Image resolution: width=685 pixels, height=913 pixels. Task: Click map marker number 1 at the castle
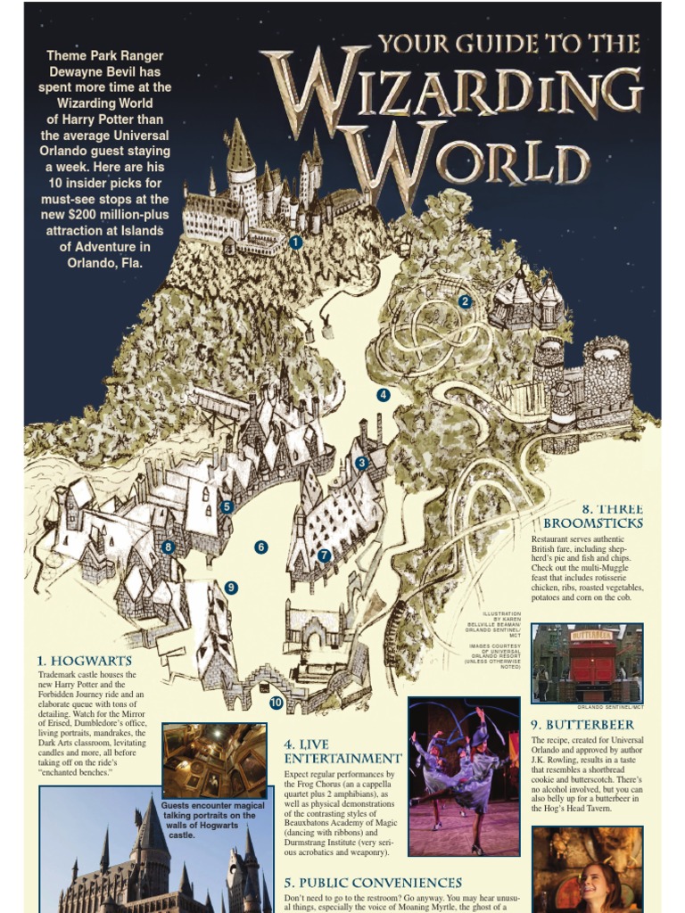pos(296,242)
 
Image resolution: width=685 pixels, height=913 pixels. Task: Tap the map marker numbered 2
pos(464,301)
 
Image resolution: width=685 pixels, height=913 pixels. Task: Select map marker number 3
pos(361,463)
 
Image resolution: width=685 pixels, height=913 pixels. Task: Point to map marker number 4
pos(384,395)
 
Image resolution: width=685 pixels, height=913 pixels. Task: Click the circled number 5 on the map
pos(227,506)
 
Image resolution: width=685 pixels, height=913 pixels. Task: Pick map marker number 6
pos(261,547)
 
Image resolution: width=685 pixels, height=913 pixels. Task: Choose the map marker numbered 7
pos(324,555)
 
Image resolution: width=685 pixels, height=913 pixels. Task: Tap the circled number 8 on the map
pos(168,547)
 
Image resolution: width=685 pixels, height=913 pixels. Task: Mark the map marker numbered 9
pos(231,588)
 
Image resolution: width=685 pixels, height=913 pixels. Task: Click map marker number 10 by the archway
pos(276,703)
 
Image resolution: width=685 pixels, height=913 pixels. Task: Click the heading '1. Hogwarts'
pos(85,661)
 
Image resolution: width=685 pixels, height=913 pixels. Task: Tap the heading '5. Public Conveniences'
pos(373,883)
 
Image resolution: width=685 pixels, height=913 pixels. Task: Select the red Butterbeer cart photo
pos(586,662)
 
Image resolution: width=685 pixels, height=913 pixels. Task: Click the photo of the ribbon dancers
pos(464,776)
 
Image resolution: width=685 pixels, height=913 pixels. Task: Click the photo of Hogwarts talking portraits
pos(214,760)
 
